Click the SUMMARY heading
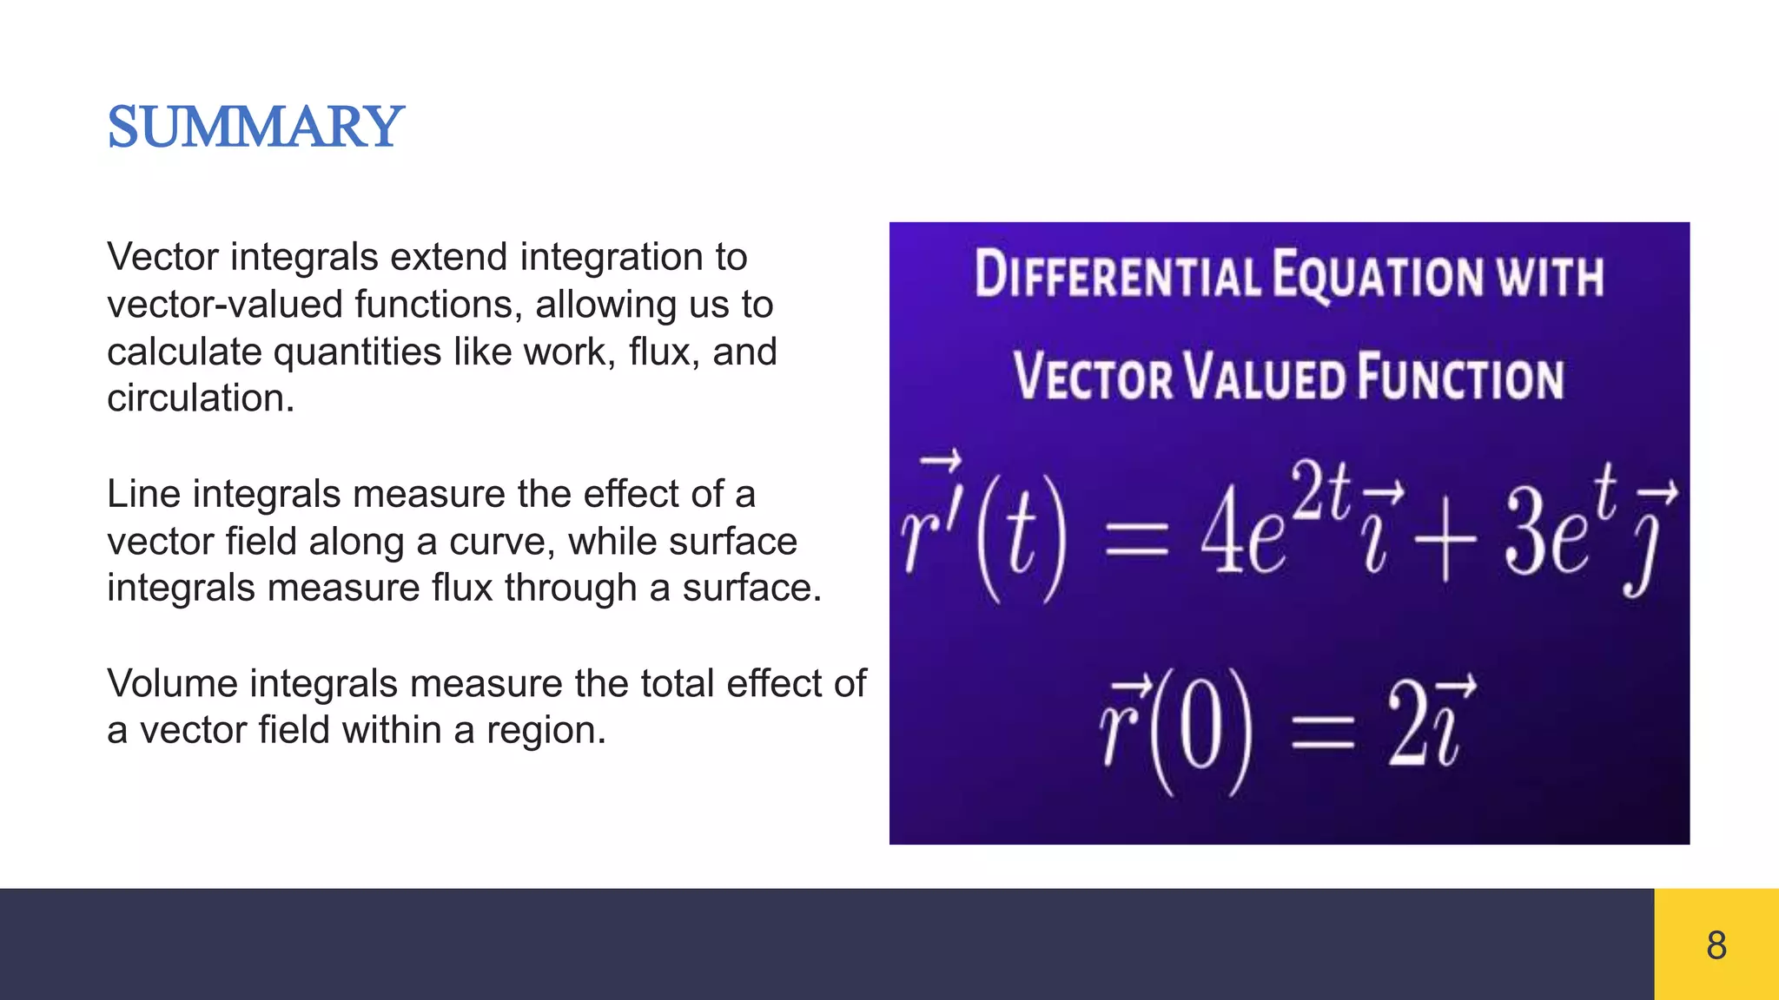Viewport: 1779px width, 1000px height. click(x=255, y=127)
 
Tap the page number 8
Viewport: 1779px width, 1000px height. click(x=1716, y=944)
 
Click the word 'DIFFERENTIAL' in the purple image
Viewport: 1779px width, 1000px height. click(x=1116, y=275)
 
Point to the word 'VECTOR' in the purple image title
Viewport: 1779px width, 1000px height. click(x=1094, y=377)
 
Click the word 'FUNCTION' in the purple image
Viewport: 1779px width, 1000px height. click(x=1461, y=377)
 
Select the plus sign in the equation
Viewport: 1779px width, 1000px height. click(x=1444, y=543)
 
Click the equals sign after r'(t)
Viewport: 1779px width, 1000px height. click(x=1135, y=545)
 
